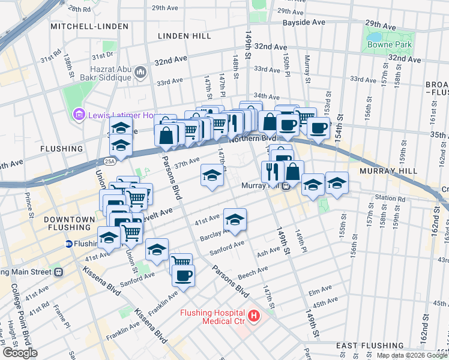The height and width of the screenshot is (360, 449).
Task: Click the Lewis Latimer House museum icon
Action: [78, 115]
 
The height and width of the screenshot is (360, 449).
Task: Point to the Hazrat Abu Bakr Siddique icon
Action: [141, 73]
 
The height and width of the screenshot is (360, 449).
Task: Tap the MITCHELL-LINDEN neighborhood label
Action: [89, 27]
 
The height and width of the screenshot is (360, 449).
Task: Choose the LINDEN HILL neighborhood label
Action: [184, 36]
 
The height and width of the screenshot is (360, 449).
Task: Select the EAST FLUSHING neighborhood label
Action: [364, 346]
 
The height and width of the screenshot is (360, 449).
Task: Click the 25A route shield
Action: [109, 162]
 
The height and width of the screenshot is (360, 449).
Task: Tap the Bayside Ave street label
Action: [305, 22]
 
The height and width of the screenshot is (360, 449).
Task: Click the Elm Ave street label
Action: [316, 292]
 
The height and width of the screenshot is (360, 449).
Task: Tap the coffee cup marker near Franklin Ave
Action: [183, 276]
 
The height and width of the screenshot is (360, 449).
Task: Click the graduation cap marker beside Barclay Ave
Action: [235, 220]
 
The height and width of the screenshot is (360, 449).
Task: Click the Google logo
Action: [20, 353]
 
